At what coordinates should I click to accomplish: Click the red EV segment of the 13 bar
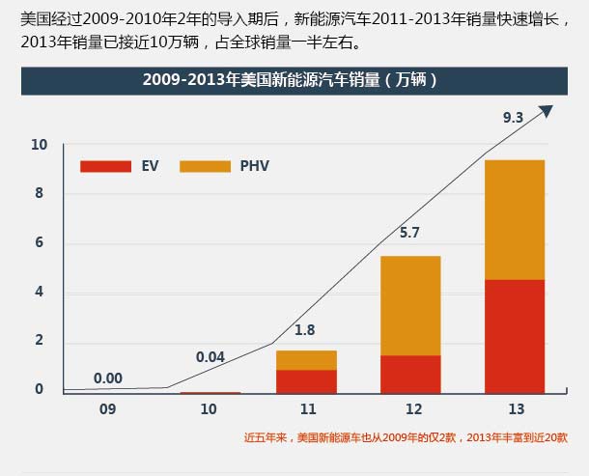pyautogui.click(x=514, y=336)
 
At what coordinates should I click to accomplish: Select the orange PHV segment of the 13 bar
pyautogui.click(x=514, y=219)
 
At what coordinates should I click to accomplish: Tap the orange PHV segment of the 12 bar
pyautogui.click(x=410, y=305)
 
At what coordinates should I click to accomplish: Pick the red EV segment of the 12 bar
pyautogui.click(x=410, y=374)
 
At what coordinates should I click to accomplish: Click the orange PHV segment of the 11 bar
pyautogui.click(x=306, y=360)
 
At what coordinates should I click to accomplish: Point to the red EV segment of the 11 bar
pyautogui.click(x=306, y=381)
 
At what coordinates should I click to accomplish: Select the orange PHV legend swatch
pyautogui.click(x=205, y=166)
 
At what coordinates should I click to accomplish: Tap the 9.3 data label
pyautogui.click(x=513, y=118)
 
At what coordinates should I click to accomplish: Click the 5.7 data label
pyautogui.click(x=409, y=233)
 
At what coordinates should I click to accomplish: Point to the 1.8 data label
pyautogui.click(x=305, y=329)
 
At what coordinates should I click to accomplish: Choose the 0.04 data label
pyautogui.click(x=210, y=357)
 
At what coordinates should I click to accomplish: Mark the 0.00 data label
pyautogui.click(x=108, y=378)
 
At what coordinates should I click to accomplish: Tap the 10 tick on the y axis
pyautogui.click(x=39, y=145)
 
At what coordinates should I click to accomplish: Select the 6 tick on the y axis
pyautogui.click(x=39, y=243)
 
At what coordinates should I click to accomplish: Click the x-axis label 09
pyautogui.click(x=107, y=409)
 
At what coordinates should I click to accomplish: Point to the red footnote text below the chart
pyautogui.click(x=406, y=437)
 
